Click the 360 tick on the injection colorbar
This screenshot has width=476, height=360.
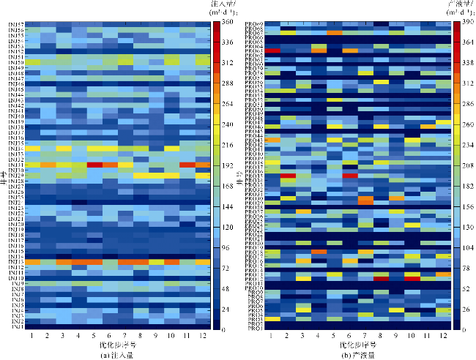point(225,23)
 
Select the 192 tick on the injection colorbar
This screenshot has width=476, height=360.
point(226,166)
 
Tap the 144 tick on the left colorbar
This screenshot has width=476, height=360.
point(226,207)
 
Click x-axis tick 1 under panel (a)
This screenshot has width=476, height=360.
point(31,335)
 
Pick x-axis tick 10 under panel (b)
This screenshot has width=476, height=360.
point(412,335)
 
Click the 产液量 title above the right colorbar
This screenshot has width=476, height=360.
point(456,4)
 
